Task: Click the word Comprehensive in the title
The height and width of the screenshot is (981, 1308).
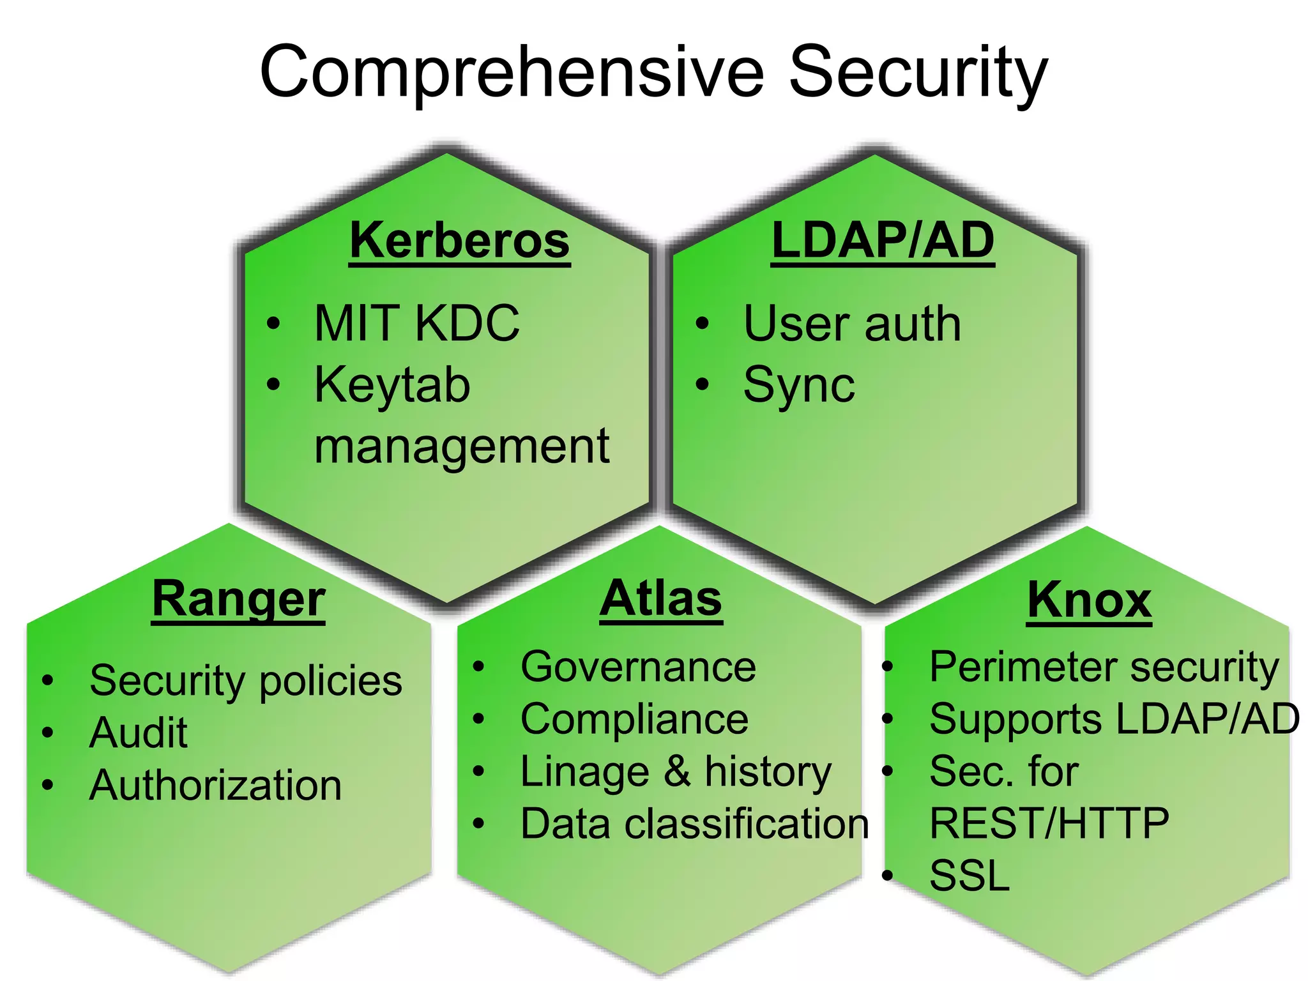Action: pos(511,72)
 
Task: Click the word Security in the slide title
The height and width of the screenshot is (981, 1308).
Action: pos(918,72)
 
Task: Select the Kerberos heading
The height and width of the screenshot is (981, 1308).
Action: pos(459,241)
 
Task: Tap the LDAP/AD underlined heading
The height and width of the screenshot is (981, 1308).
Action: pos(883,241)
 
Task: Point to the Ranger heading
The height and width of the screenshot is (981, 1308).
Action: pos(239,600)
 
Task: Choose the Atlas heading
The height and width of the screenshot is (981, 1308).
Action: pos(661,599)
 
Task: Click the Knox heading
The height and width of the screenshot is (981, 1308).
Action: pos(1089,600)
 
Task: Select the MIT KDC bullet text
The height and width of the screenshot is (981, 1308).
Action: pos(416,323)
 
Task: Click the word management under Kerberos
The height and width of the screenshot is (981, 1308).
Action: pos(462,446)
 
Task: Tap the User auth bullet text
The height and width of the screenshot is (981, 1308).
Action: pos(852,324)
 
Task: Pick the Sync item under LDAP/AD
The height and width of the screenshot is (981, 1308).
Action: pos(798,385)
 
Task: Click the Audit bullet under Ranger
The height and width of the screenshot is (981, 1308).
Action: pos(139,733)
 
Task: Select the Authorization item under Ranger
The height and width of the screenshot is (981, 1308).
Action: pos(216,785)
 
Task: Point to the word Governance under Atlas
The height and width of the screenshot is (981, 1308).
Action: pos(638,667)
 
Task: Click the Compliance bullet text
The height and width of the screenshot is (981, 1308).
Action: pos(634,720)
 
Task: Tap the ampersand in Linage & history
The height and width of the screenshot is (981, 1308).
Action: pos(677,771)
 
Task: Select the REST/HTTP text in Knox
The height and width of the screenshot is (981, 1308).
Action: pos(1049,823)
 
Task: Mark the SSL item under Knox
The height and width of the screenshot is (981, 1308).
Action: pos(969,876)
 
